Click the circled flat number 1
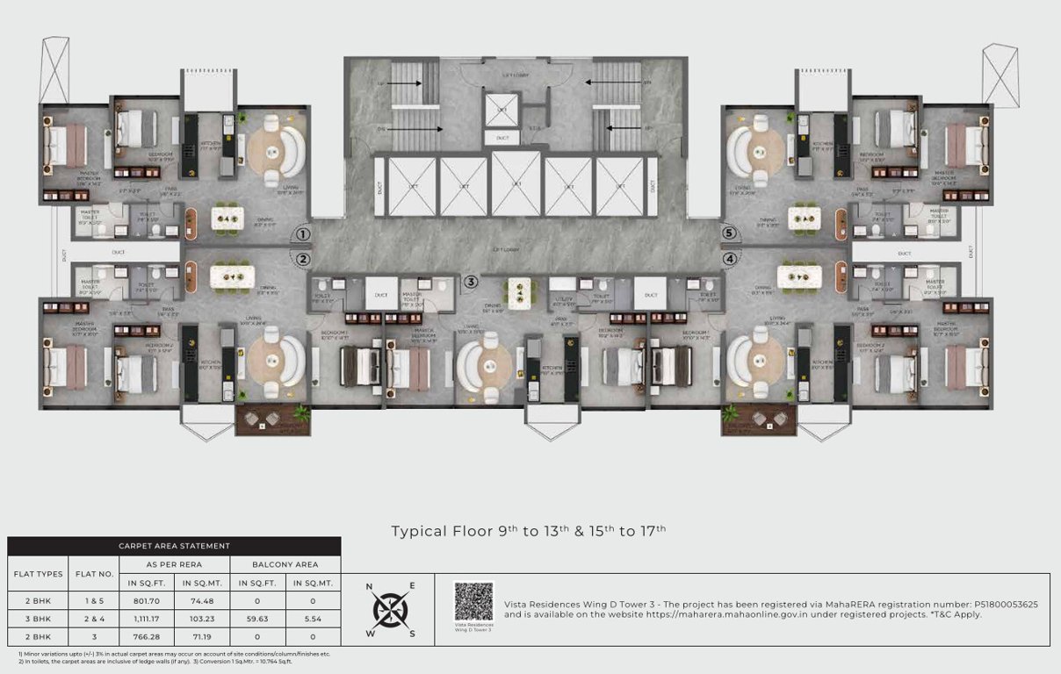tap(302, 234)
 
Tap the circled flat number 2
tap(302, 259)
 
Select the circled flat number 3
tap(472, 282)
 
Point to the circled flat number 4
tap(729, 259)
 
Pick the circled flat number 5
tap(729, 233)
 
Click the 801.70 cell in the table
tap(149, 600)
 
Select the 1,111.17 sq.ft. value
tap(149, 619)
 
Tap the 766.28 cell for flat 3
tap(149, 637)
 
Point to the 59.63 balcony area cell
tap(257, 619)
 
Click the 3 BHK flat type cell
tap(38, 619)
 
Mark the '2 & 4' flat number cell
tap(94, 619)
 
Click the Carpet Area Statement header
tap(174, 546)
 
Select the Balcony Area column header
tap(285, 564)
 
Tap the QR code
tap(473, 602)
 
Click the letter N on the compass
tap(369, 586)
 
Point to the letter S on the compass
tap(412, 634)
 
